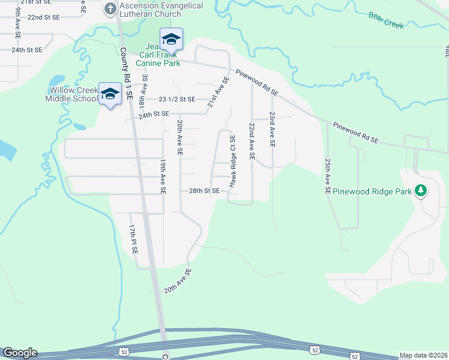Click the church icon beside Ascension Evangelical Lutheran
tap(110, 8)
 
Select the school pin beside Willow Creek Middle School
tap(110, 94)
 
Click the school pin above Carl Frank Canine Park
tap(171, 40)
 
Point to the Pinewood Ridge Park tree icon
tap(421, 191)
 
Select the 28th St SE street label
tap(204, 191)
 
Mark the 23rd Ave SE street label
tap(272, 130)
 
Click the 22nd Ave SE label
tap(252, 142)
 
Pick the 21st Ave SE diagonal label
tap(218, 92)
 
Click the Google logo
tap(20, 353)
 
